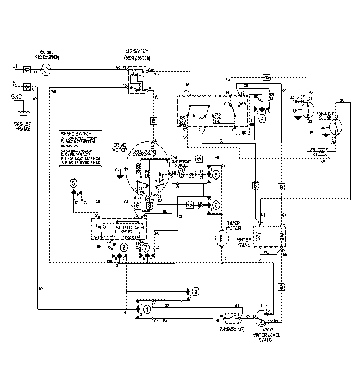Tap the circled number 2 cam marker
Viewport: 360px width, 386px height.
click(195, 291)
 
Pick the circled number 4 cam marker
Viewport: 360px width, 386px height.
click(262, 118)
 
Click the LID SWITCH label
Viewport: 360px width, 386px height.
click(137, 51)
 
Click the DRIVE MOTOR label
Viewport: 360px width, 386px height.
click(119, 147)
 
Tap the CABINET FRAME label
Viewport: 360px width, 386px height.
click(22, 126)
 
